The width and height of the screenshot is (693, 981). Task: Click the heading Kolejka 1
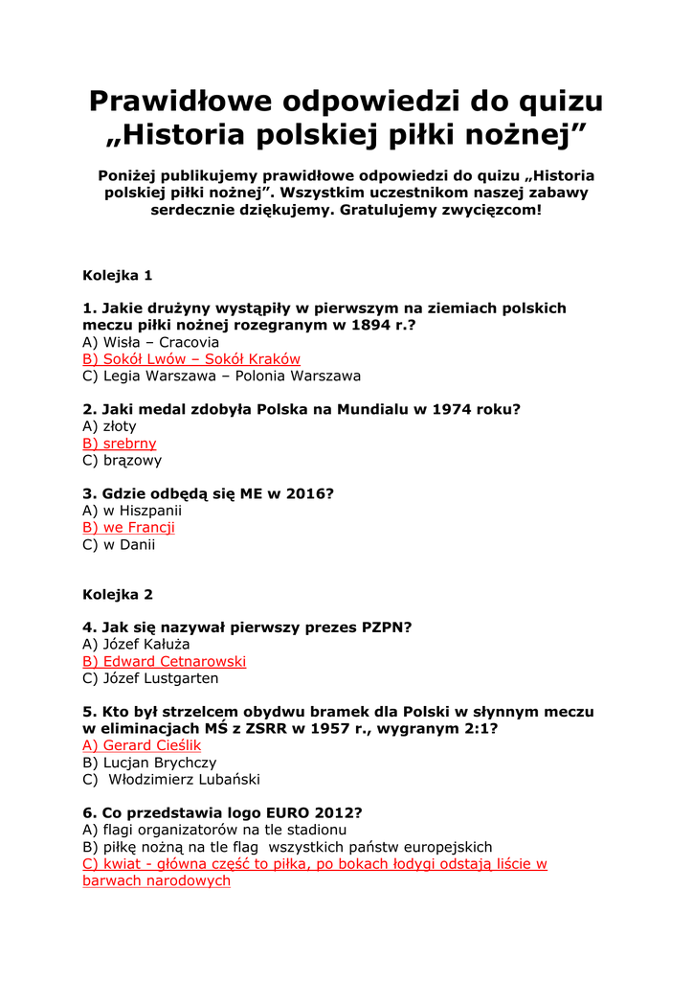click(x=118, y=276)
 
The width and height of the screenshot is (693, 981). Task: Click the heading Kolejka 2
click(x=118, y=594)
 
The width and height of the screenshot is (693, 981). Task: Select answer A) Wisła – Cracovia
click(x=150, y=342)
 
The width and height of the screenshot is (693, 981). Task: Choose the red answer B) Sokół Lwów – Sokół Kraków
click(x=191, y=359)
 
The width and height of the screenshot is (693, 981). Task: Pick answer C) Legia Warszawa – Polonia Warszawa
click(x=221, y=376)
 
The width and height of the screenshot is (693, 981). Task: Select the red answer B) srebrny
click(x=120, y=444)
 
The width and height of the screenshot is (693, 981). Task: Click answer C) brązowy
click(x=123, y=461)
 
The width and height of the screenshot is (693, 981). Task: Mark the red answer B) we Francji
click(x=128, y=528)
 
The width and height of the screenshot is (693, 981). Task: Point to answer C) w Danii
click(x=119, y=545)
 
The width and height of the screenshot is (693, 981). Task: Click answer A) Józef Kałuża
click(x=136, y=645)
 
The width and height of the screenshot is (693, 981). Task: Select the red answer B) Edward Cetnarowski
click(x=164, y=662)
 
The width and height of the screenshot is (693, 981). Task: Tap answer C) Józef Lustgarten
click(x=150, y=679)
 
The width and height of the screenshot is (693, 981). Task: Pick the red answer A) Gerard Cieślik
click(x=142, y=745)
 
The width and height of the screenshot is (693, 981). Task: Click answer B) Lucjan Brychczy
click(x=149, y=763)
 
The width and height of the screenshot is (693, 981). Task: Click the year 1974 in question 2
click(x=450, y=409)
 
